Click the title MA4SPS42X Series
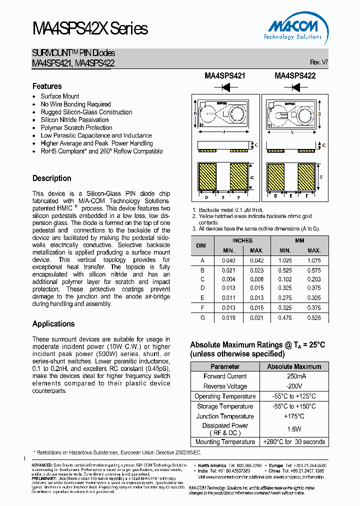pos(90,28)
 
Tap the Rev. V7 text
pos(318,62)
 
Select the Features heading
pos(47,86)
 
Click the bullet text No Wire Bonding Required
pos(75,104)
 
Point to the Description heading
pos(52,178)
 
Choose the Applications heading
pos(53,323)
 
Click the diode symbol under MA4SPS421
pos(225,87)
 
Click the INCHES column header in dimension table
pos(242,240)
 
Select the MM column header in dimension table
pos(299,240)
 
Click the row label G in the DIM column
pos(202,317)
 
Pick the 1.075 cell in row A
pos(314,260)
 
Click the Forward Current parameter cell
pos(225,376)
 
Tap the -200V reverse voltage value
pos(294,386)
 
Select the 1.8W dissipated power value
pos(294,429)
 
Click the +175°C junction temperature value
pos(294,416)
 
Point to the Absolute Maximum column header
pos(294,366)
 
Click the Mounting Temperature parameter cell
pos(225,442)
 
